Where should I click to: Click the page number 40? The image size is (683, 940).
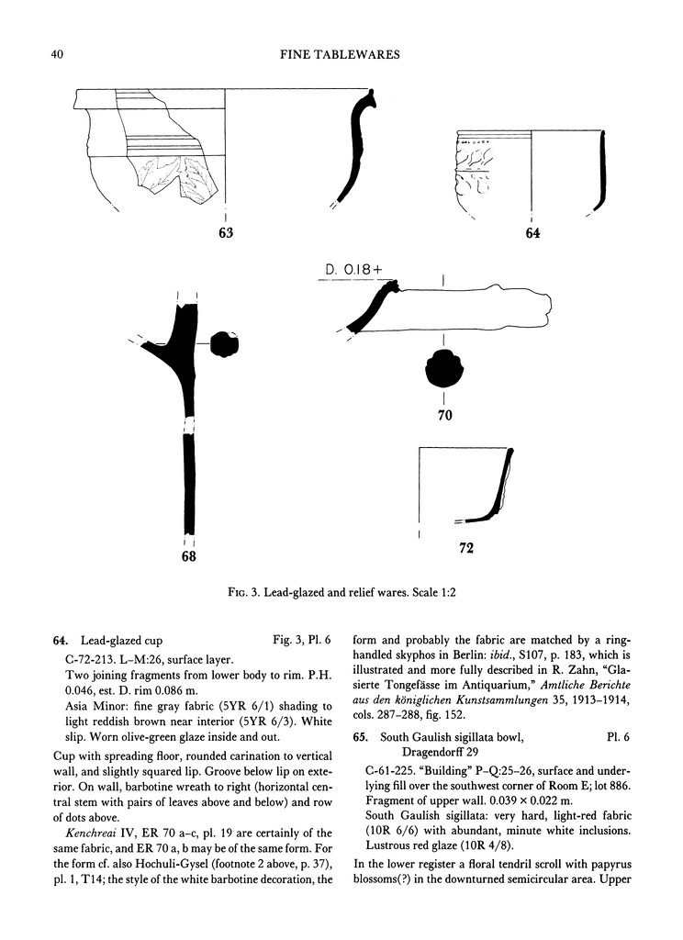[56, 56]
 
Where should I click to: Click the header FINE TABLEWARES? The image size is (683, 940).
[341, 56]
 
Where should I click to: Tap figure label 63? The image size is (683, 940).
[226, 233]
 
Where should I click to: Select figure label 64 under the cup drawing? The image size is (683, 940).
[532, 234]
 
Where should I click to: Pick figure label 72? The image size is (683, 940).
[465, 549]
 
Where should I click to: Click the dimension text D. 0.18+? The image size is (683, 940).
[357, 269]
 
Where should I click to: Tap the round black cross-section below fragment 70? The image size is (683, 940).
[443, 370]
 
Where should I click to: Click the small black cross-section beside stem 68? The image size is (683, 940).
[223, 343]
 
